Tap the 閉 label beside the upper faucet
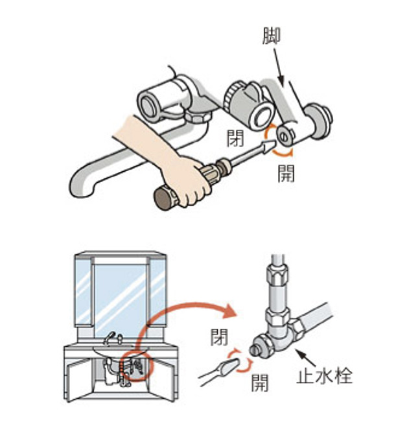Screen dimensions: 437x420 235,137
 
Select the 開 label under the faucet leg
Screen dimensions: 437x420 286,173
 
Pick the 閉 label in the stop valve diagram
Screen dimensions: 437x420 219,336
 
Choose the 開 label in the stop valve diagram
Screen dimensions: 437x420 260,383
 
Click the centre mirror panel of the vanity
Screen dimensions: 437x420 121,292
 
